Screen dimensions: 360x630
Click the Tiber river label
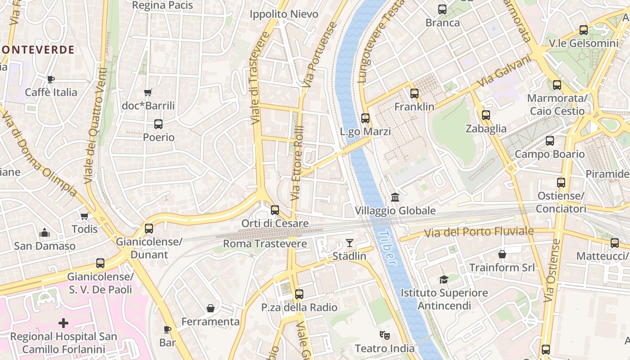point(387,248)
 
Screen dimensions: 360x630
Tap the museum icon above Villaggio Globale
point(395,197)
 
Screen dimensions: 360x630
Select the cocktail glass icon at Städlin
point(349,243)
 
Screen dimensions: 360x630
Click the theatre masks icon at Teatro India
point(384,335)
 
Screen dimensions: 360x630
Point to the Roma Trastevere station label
point(265,244)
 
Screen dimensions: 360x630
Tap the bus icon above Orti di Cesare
point(275,210)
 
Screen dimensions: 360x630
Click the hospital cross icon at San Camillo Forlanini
point(63,323)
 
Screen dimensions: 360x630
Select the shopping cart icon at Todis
point(84,216)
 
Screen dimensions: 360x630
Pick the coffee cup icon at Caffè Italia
point(51,79)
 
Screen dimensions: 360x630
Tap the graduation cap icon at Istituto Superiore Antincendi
point(444,279)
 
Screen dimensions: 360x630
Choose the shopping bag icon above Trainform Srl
point(502,254)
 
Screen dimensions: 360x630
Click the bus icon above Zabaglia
point(486,115)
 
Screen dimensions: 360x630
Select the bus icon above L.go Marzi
point(365,118)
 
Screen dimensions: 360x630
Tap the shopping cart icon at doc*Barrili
point(148,93)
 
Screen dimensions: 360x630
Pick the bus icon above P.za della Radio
point(299,294)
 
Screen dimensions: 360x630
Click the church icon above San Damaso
point(44,233)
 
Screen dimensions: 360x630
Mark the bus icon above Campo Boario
point(549,141)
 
